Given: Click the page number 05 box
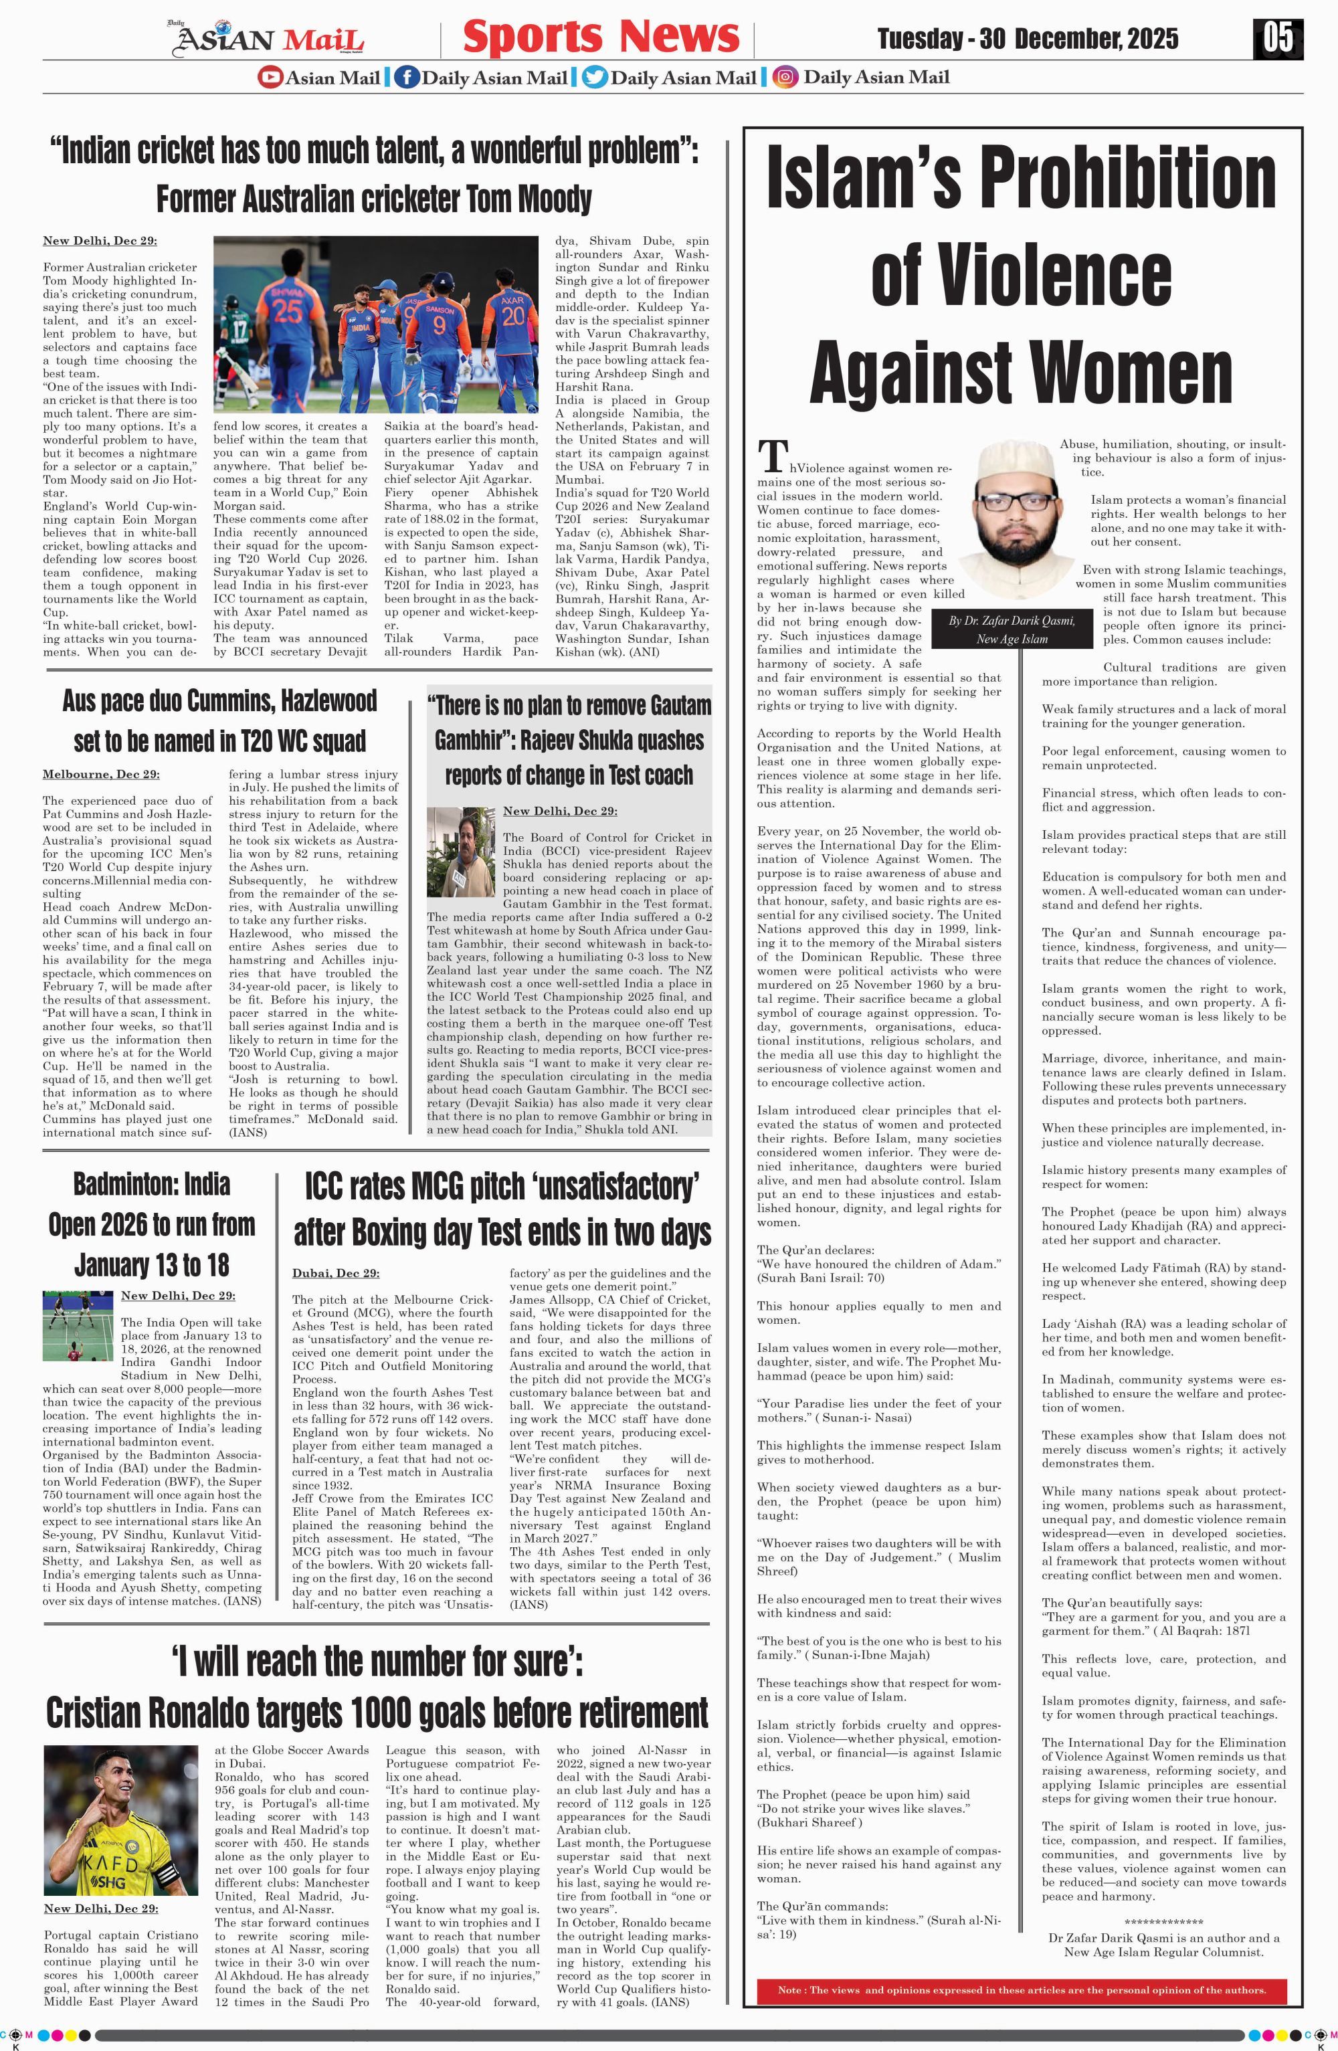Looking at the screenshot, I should [x=1278, y=39].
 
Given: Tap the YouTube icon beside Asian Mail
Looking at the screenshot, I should [x=270, y=78].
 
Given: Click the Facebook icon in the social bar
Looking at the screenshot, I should [x=406, y=78].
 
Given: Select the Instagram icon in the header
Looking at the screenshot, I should [x=784, y=78].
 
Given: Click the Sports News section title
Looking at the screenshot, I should [x=601, y=37].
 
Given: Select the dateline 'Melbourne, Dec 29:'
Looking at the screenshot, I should [x=101, y=775].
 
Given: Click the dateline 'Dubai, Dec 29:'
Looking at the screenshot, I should [x=335, y=1273].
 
